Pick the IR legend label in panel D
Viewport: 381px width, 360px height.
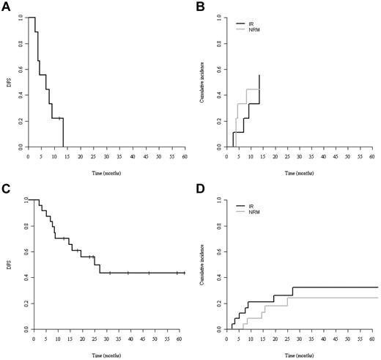point(251,206)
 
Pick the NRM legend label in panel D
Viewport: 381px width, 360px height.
point(253,213)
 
